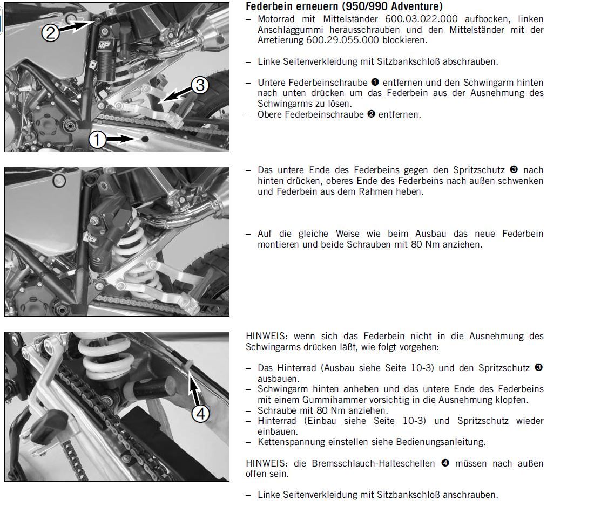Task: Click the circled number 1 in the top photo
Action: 97,140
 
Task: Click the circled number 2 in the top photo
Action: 50,33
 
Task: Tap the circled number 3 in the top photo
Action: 199,85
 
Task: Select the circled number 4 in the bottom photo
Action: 201,414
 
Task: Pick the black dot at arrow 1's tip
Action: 145,140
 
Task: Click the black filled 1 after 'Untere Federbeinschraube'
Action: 374,83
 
